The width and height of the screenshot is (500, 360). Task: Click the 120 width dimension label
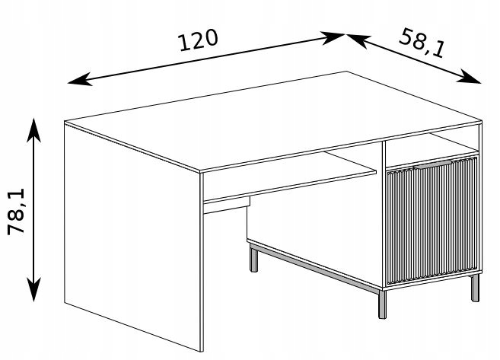point(198,40)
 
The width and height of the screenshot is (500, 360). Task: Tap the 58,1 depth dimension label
point(422,43)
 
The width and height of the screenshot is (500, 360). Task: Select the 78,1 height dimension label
point(16,212)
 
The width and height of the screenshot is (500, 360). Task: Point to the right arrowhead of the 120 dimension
point(333,37)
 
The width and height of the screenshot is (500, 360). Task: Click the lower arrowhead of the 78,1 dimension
point(33,289)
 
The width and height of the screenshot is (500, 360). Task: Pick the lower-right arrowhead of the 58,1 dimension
point(469,77)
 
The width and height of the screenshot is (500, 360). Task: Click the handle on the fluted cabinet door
point(433,164)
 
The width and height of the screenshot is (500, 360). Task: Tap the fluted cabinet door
point(432,221)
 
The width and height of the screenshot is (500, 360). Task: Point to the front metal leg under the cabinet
point(382,304)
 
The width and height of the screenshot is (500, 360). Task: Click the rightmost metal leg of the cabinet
point(475,288)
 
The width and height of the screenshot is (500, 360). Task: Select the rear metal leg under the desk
point(254,260)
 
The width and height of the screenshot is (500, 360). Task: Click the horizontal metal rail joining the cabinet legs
point(315,268)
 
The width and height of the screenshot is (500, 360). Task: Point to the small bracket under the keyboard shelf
point(227,205)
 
